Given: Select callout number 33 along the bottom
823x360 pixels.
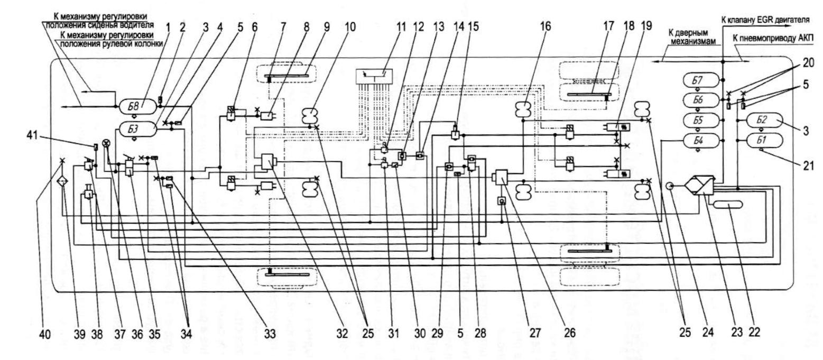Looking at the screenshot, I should pos(241,334).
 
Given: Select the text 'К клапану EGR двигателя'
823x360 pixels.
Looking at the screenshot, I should pos(765,19).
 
